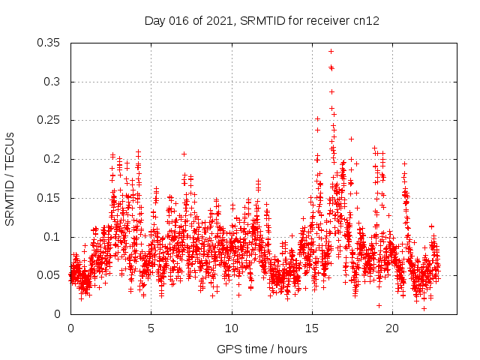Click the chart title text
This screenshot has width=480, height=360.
(x=262, y=21)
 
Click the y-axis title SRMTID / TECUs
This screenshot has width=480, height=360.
(x=10, y=179)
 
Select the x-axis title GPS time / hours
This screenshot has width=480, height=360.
(x=262, y=349)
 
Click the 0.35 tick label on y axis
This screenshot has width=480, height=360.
(x=49, y=43)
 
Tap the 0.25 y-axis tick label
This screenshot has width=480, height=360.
(x=49, y=120)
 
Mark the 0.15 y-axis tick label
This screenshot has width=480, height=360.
(x=49, y=198)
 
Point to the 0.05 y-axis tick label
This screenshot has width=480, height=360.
(x=49, y=275)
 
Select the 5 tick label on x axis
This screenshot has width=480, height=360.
(x=151, y=328)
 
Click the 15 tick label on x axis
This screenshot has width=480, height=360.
(x=311, y=328)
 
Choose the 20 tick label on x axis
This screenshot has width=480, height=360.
(x=391, y=328)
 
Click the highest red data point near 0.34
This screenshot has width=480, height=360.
(x=331, y=51)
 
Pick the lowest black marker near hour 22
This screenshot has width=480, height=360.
(x=424, y=308)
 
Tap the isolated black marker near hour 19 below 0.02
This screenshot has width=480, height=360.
(x=379, y=305)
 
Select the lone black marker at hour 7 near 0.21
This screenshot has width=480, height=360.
(x=184, y=154)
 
